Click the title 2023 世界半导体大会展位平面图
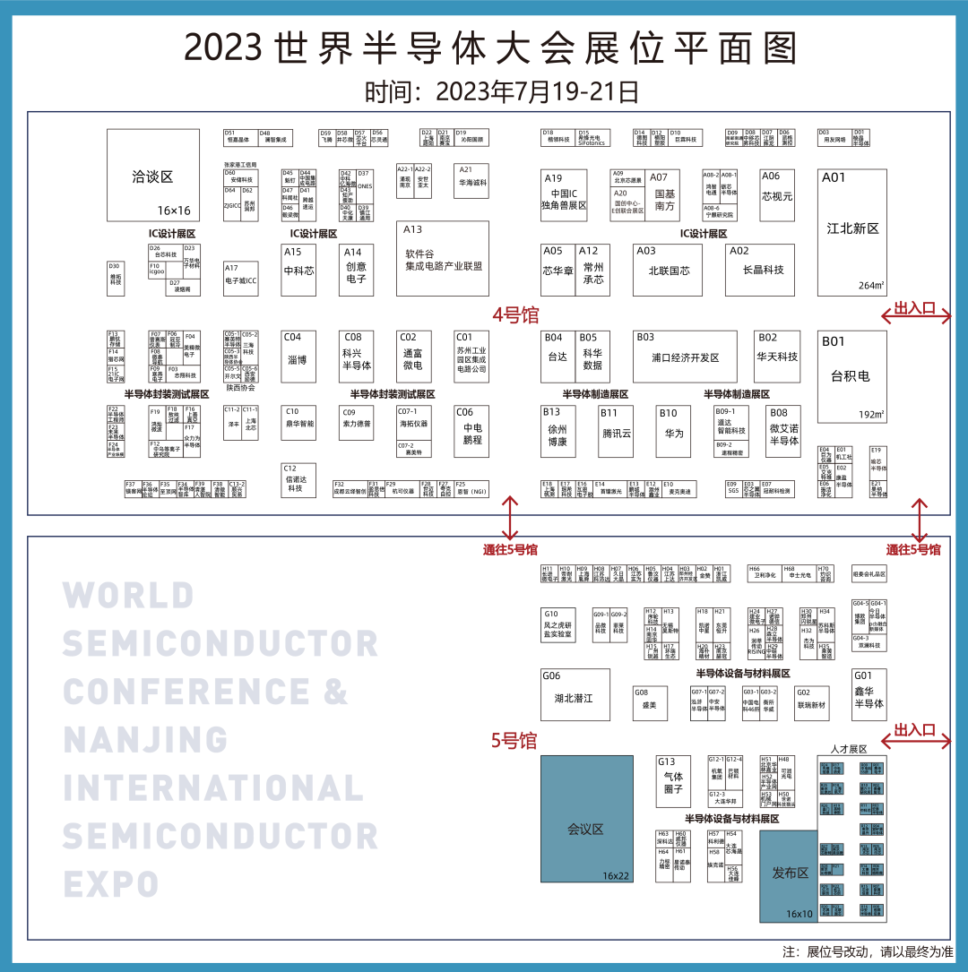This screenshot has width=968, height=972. (x=490, y=49)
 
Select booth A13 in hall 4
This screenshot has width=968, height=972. (x=443, y=258)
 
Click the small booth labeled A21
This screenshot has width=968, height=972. (x=471, y=180)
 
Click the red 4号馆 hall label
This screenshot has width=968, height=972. (x=515, y=315)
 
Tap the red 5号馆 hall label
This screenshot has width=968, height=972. (x=514, y=741)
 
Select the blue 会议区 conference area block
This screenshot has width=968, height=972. (x=586, y=819)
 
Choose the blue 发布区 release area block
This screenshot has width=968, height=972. (x=789, y=875)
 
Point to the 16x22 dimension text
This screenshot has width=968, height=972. (x=616, y=875)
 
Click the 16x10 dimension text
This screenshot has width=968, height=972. (x=799, y=914)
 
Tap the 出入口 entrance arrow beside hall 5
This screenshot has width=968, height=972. (x=915, y=740)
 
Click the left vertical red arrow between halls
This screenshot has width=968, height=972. (x=510, y=517)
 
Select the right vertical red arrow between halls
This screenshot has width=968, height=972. (x=919, y=519)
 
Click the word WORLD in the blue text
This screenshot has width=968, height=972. (x=128, y=596)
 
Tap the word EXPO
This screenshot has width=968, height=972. (x=111, y=884)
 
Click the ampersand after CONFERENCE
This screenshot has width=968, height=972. (x=336, y=692)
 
